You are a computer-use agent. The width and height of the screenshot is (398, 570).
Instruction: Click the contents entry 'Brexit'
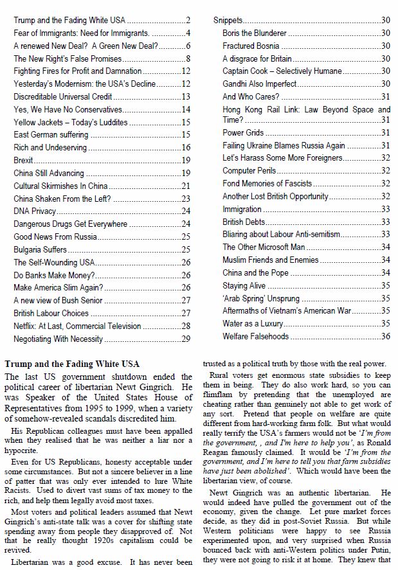coord(24,160)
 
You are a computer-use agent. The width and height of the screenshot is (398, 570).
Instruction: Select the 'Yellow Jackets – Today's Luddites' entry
coord(71,122)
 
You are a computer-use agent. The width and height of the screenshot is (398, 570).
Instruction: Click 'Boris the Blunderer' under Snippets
coord(255,33)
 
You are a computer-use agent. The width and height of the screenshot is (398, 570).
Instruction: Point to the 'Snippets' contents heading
coord(228,21)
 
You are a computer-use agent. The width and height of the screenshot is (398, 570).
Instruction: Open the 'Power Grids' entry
coord(242,133)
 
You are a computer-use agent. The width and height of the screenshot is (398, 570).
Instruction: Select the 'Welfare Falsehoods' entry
coord(255,336)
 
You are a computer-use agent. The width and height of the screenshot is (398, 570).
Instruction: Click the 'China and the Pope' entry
coord(255,272)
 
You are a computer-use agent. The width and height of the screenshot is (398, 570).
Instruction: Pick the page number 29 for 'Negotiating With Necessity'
coord(186,338)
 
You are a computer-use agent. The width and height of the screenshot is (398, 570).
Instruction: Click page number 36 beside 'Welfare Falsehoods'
coord(386,336)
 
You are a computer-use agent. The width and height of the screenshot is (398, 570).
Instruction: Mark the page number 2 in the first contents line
coord(188,21)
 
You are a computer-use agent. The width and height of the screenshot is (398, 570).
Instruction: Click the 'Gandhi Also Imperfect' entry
coord(259,84)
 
